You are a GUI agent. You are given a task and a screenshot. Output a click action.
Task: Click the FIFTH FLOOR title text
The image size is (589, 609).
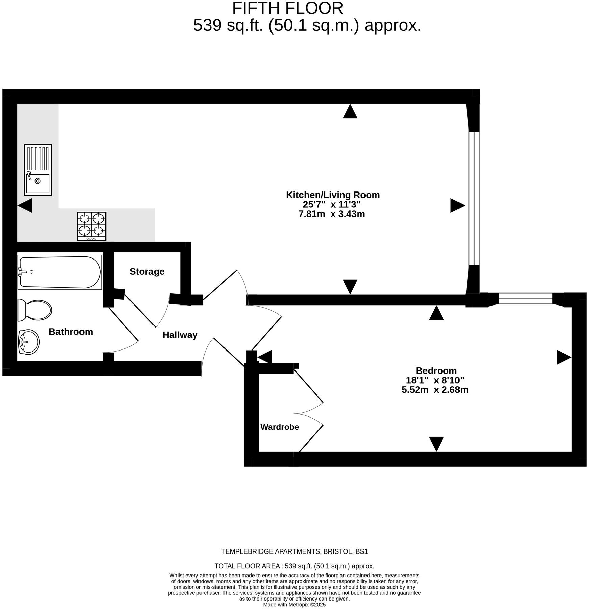(x=287, y=8)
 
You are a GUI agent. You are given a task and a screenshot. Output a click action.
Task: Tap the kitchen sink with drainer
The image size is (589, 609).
(x=38, y=170)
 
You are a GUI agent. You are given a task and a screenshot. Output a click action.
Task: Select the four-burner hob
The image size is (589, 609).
(x=92, y=226)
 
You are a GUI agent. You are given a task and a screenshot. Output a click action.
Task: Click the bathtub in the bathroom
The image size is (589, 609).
(x=60, y=272)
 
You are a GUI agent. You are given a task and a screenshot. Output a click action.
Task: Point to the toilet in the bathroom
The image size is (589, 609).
(x=35, y=310)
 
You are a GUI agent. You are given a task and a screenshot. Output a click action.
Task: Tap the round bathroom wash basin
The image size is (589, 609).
(x=29, y=342)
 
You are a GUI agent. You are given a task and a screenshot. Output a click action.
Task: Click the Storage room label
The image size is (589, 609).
(x=147, y=271)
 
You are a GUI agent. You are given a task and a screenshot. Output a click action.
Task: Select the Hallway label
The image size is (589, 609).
(x=180, y=335)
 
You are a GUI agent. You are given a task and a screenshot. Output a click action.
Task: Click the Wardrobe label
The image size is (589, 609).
(x=280, y=427)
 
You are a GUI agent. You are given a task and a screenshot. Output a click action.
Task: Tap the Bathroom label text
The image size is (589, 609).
(x=71, y=332)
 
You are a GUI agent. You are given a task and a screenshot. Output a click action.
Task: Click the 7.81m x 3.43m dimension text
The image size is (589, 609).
(x=332, y=214)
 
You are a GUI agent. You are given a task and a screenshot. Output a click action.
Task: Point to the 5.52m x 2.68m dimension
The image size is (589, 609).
(x=435, y=390)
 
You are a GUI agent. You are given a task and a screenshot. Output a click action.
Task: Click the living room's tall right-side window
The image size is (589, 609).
(x=474, y=198)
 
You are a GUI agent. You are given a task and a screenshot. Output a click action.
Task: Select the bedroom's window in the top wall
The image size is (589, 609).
(x=525, y=299)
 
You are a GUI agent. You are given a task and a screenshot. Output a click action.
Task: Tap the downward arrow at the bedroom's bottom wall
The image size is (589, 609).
(x=436, y=443)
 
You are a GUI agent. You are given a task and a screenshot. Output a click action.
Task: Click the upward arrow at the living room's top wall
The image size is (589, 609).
(x=350, y=112)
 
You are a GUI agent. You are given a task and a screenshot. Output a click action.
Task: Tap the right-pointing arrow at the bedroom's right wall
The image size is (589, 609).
(x=564, y=357)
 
